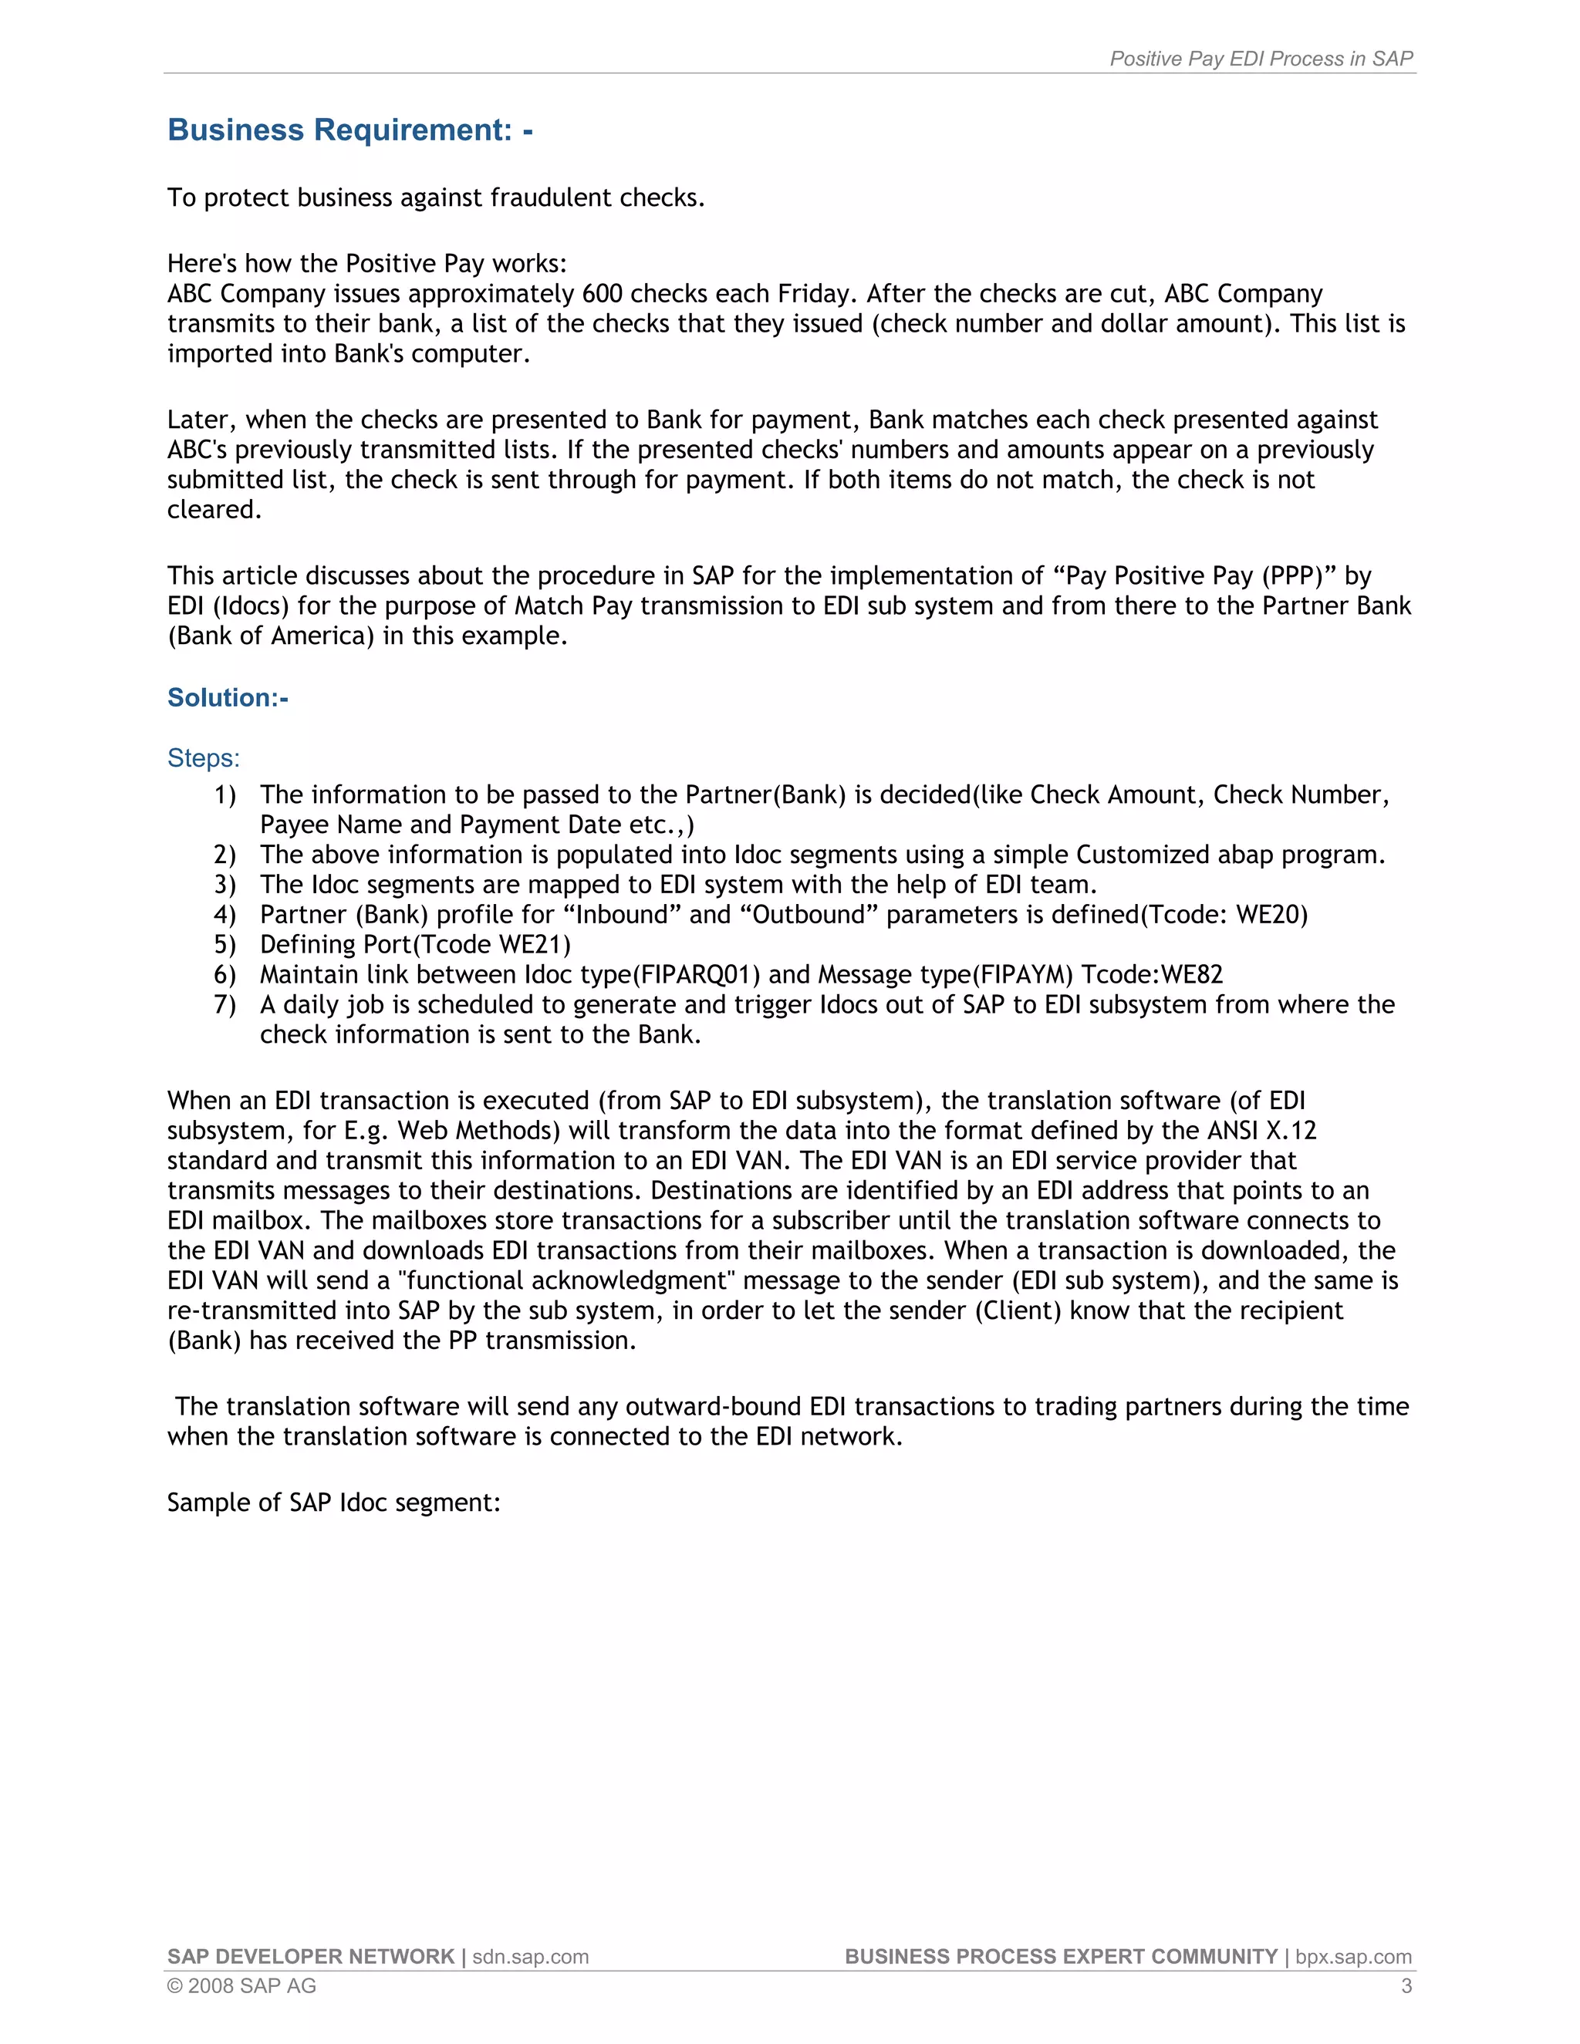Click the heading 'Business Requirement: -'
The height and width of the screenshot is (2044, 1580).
click(x=350, y=130)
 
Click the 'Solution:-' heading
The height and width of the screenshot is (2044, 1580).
click(x=228, y=697)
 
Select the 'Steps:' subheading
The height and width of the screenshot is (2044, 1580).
click(x=203, y=757)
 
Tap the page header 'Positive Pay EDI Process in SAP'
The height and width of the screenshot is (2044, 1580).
click(x=1261, y=59)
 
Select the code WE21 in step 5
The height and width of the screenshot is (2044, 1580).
click(x=530, y=944)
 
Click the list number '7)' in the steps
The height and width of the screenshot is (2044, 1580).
click(x=225, y=1004)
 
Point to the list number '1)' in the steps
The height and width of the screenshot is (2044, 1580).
click(x=225, y=794)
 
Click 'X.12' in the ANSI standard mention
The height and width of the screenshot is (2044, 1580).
click(x=1291, y=1131)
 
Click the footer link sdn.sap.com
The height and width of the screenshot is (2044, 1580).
click(x=530, y=1957)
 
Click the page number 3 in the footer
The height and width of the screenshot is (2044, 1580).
click(x=1406, y=1986)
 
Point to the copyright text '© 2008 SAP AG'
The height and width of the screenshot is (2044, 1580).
click(x=241, y=1986)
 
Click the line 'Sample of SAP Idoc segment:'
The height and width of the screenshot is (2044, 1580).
click(x=334, y=1502)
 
